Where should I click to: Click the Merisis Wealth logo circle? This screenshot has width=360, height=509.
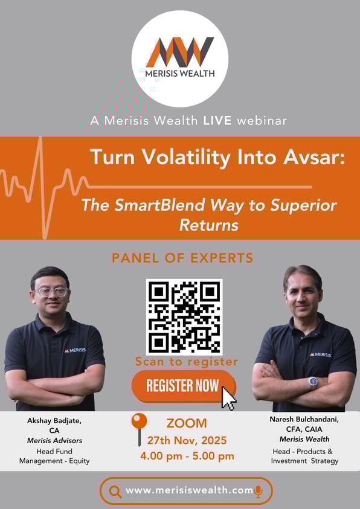point(180,59)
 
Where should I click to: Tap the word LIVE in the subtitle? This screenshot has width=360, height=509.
point(217,121)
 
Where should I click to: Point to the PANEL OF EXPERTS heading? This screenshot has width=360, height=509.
point(182,258)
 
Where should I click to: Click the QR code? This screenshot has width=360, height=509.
point(184,317)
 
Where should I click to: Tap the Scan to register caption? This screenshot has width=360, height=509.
point(187,362)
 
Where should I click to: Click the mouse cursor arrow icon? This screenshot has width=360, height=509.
point(229,399)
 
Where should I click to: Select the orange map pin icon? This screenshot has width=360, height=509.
point(140,429)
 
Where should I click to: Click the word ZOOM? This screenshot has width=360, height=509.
point(187,423)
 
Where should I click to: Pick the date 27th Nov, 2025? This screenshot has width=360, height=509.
point(187,441)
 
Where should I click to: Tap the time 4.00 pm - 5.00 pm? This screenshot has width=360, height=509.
point(187,456)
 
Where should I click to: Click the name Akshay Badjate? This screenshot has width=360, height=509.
point(54,421)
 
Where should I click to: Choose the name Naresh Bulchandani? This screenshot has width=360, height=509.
point(304,420)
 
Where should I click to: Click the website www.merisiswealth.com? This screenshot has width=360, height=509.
point(189,490)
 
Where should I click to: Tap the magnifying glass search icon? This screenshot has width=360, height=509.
point(115,491)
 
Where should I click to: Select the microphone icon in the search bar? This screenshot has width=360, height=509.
point(259,491)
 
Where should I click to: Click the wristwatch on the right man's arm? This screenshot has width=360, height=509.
point(313,382)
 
